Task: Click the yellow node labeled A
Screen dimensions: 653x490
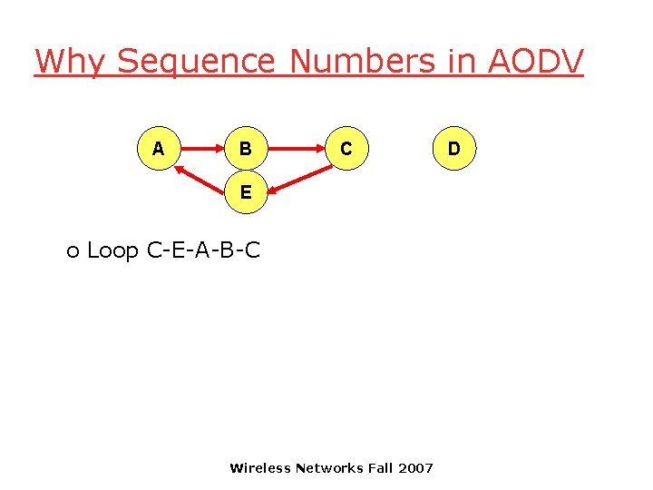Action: pyautogui.click(x=159, y=148)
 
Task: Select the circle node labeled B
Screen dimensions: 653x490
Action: pyautogui.click(x=246, y=148)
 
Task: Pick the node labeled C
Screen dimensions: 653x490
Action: pyautogui.click(x=346, y=148)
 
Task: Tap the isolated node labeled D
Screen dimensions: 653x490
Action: pyautogui.click(x=453, y=148)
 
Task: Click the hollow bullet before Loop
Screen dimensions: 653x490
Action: pyautogui.click(x=73, y=251)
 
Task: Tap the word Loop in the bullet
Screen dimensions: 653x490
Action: pyautogui.click(x=112, y=250)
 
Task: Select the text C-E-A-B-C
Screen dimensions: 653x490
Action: pyautogui.click(x=203, y=250)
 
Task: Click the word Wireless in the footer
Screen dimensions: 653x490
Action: pyautogui.click(x=260, y=468)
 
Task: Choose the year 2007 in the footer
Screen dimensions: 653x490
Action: pyautogui.click(x=416, y=468)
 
